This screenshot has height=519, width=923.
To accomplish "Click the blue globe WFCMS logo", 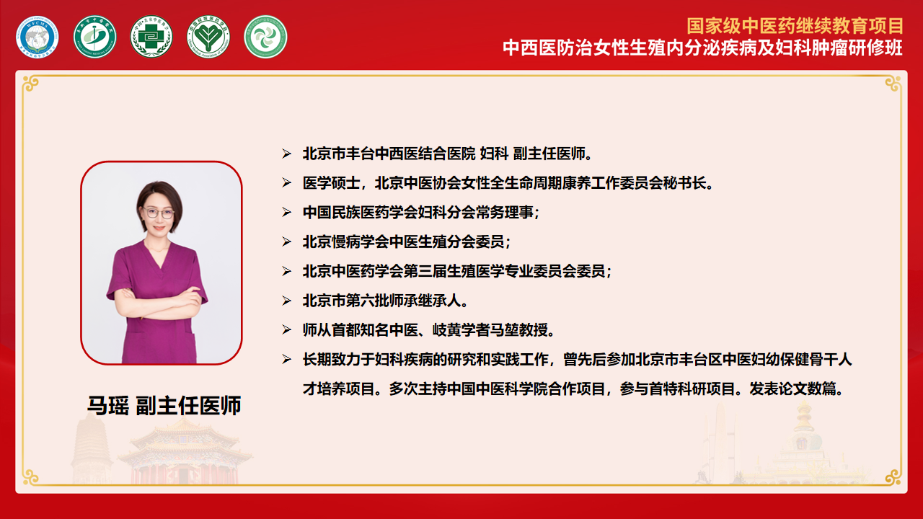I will pyautogui.click(x=37, y=37).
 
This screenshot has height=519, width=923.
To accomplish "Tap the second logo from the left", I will pyautogui.click(x=94, y=37).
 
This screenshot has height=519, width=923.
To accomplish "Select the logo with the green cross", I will pyautogui.click(x=151, y=37).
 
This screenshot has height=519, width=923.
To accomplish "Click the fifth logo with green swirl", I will pyautogui.click(x=265, y=37).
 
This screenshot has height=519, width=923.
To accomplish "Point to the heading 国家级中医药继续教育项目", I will pyautogui.click(x=795, y=27).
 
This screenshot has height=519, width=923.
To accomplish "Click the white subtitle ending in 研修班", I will pyautogui.click(x=702, y=48).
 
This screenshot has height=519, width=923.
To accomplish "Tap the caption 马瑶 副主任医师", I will pyautogui.click(x=164, y=405).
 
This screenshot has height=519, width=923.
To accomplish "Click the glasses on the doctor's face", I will pyautogui.click(x=159, y=213).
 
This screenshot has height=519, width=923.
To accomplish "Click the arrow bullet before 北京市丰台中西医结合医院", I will pyautogui.click(x=286, y=154).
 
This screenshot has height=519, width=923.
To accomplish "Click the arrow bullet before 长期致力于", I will pyautogui.click(x=286, y=360).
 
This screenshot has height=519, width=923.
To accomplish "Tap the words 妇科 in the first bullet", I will pyautogui.click(x=494, y=154).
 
